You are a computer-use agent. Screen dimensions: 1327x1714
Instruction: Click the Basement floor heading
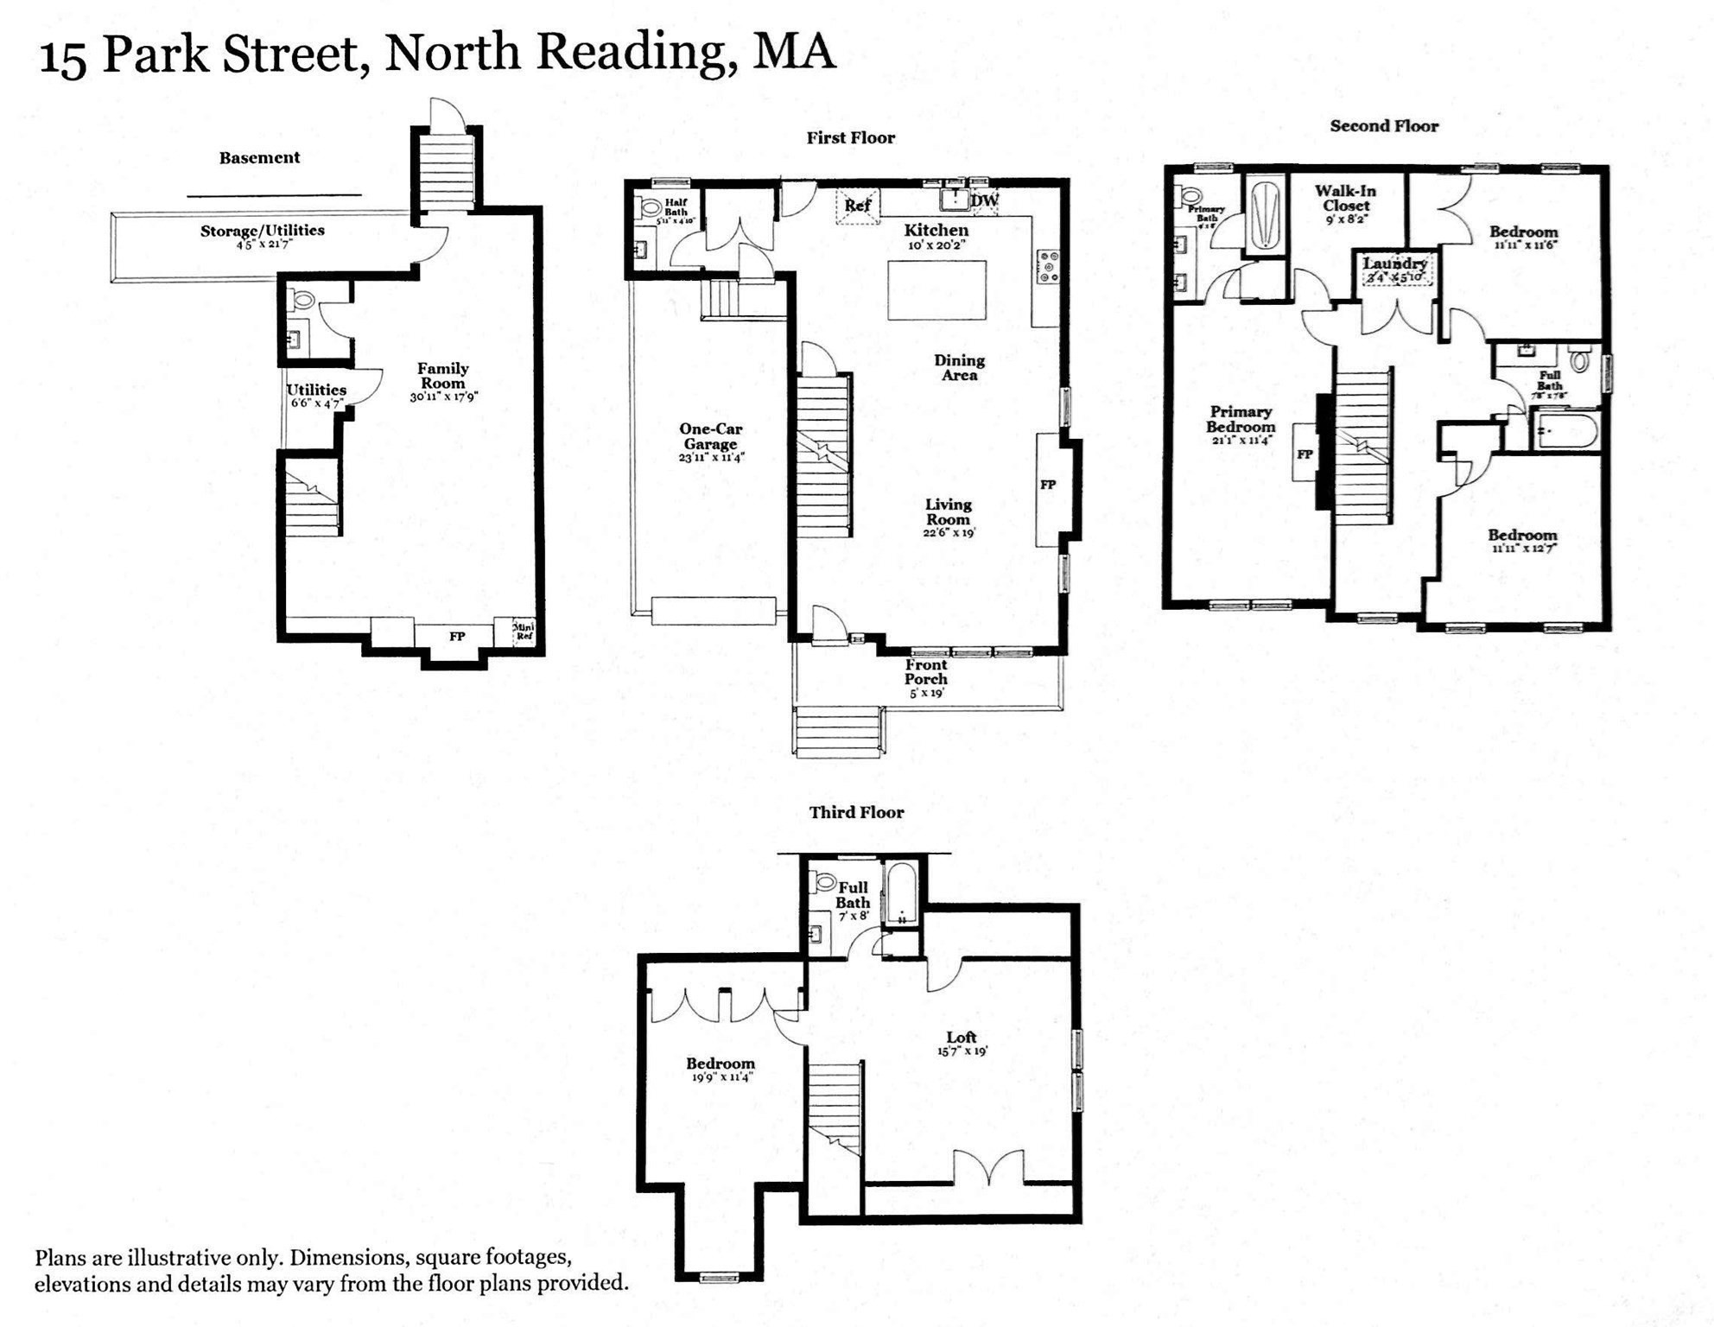coord(259,157)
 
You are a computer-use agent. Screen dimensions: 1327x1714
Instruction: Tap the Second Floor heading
coord(1383,126)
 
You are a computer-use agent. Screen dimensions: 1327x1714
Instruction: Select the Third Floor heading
coord(856,812)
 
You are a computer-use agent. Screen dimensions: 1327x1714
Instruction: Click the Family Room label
coord(443,376)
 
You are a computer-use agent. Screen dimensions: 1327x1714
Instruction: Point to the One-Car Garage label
coord(710,436)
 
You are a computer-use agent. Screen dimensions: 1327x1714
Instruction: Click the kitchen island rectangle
coord(937,290)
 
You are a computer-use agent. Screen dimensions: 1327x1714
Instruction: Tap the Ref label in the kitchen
coord(857,206)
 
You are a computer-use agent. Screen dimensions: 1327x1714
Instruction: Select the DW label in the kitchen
coord(984,201)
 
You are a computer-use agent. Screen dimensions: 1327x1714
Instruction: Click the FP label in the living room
coord(1047,485)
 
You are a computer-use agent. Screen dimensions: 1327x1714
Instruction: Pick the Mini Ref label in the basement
coord(524,632)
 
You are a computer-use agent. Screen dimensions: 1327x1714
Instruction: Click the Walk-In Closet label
coord(1345,199)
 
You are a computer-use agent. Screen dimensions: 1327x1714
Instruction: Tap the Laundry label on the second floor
coord(1394,263)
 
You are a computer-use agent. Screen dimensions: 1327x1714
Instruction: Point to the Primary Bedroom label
coord(1241,419)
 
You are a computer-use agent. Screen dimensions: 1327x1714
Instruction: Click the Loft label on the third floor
coord(961,1038)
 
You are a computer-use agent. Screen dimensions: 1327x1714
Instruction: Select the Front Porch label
coord(926,672)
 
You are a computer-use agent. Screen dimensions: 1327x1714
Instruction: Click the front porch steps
coord(838,732)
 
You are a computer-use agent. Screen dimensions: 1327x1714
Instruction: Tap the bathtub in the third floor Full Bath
coord(901,893)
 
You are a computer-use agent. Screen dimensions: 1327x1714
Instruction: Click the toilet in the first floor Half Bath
coord(650,208)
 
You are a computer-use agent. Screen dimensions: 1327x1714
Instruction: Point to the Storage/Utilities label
coord(262,231)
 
